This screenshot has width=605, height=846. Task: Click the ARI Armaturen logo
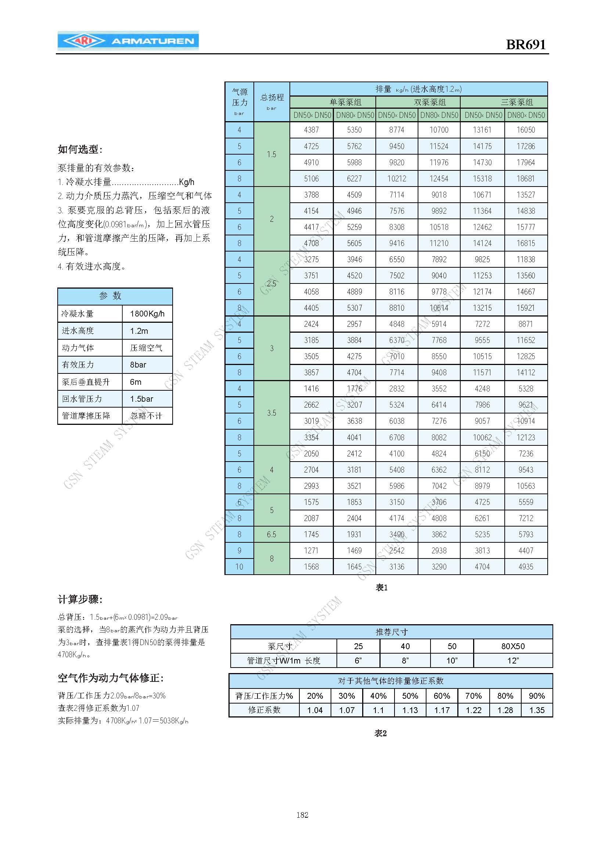128,41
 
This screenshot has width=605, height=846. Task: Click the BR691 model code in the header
525,45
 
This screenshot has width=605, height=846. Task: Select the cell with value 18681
526,179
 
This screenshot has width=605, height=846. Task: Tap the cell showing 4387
311,130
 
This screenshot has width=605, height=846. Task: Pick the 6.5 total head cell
271,534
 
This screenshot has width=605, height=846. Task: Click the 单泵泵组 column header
345,102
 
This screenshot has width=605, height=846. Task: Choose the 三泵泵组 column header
516,102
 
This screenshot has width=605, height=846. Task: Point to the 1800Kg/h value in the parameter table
147,314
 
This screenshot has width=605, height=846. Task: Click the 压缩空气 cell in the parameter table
146,348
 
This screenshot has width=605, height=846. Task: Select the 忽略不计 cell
146,416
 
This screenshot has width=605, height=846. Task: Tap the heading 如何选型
80,150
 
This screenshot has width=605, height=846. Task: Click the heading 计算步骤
80,599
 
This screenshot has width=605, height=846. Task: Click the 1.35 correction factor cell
537,710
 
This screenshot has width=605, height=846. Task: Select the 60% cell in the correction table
442,695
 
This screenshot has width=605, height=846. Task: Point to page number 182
302,815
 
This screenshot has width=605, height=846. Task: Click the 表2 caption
380,733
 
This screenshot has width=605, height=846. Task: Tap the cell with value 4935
526,567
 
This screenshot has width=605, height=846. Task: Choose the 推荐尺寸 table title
391,632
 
